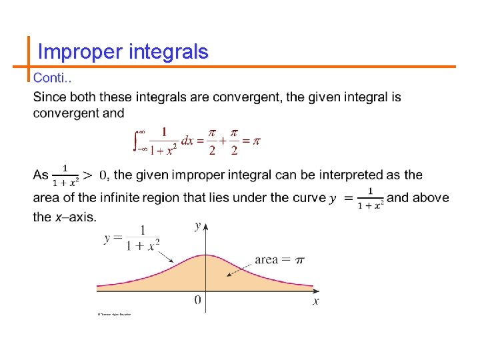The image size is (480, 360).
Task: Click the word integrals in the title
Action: coord(170,52)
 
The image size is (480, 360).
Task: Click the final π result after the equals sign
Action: coord(255,141)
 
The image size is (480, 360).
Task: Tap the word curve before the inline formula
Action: coord(309,197)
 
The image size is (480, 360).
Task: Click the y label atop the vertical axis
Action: coord(198,226)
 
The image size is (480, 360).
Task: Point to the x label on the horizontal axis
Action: coord(316,301)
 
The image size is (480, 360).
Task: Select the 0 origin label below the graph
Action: coord(198,301)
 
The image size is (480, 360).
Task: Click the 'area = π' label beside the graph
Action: coord(279,259)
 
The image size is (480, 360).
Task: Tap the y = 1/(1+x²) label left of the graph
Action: coord(132,237)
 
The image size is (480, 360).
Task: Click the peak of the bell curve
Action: coord(206,255)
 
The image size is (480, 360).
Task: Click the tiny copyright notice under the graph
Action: coord(114,314)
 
